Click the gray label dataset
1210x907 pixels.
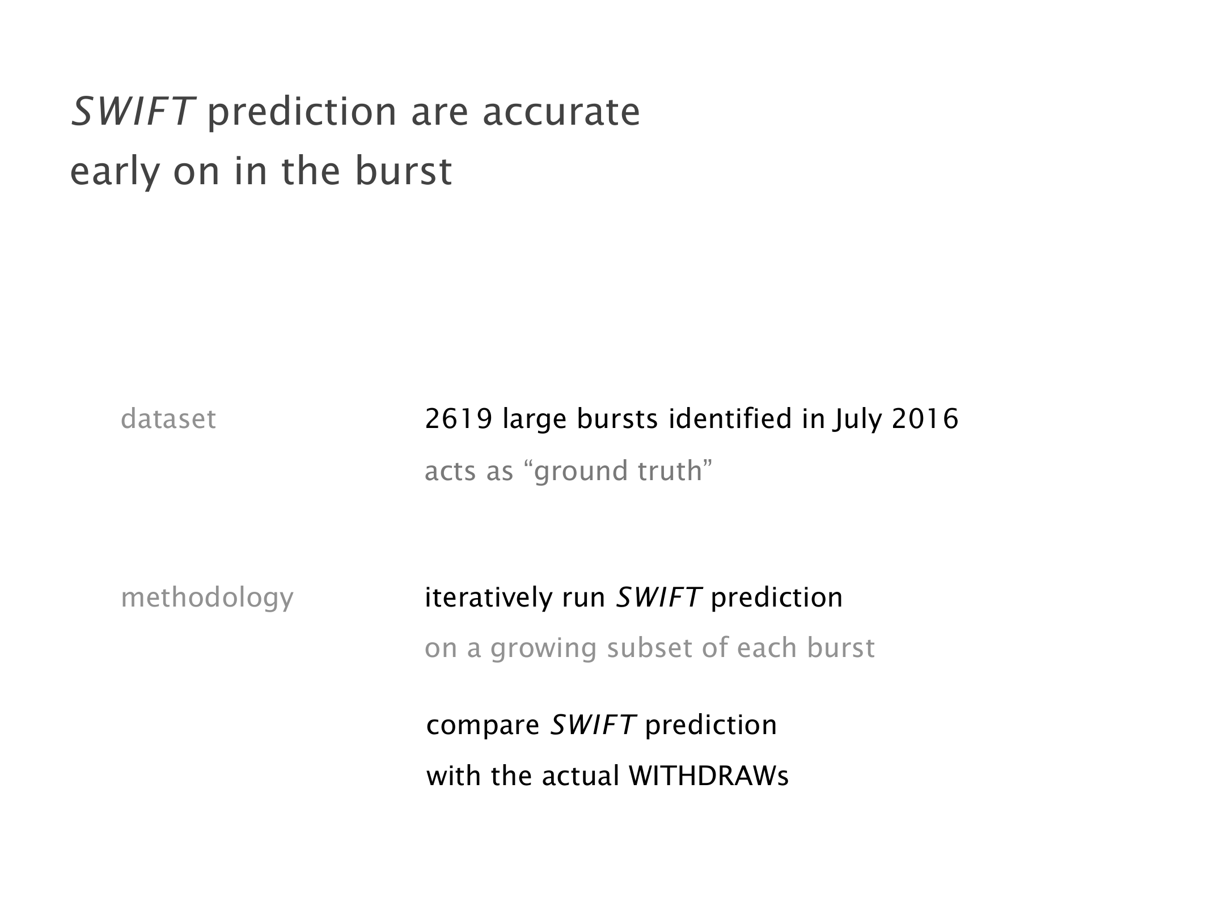click(168, 419)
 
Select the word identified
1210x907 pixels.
click(730, 419)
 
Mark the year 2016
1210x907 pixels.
click(925, 419)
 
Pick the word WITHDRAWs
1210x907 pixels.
click(709, 776)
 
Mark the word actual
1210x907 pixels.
click(580, 776)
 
